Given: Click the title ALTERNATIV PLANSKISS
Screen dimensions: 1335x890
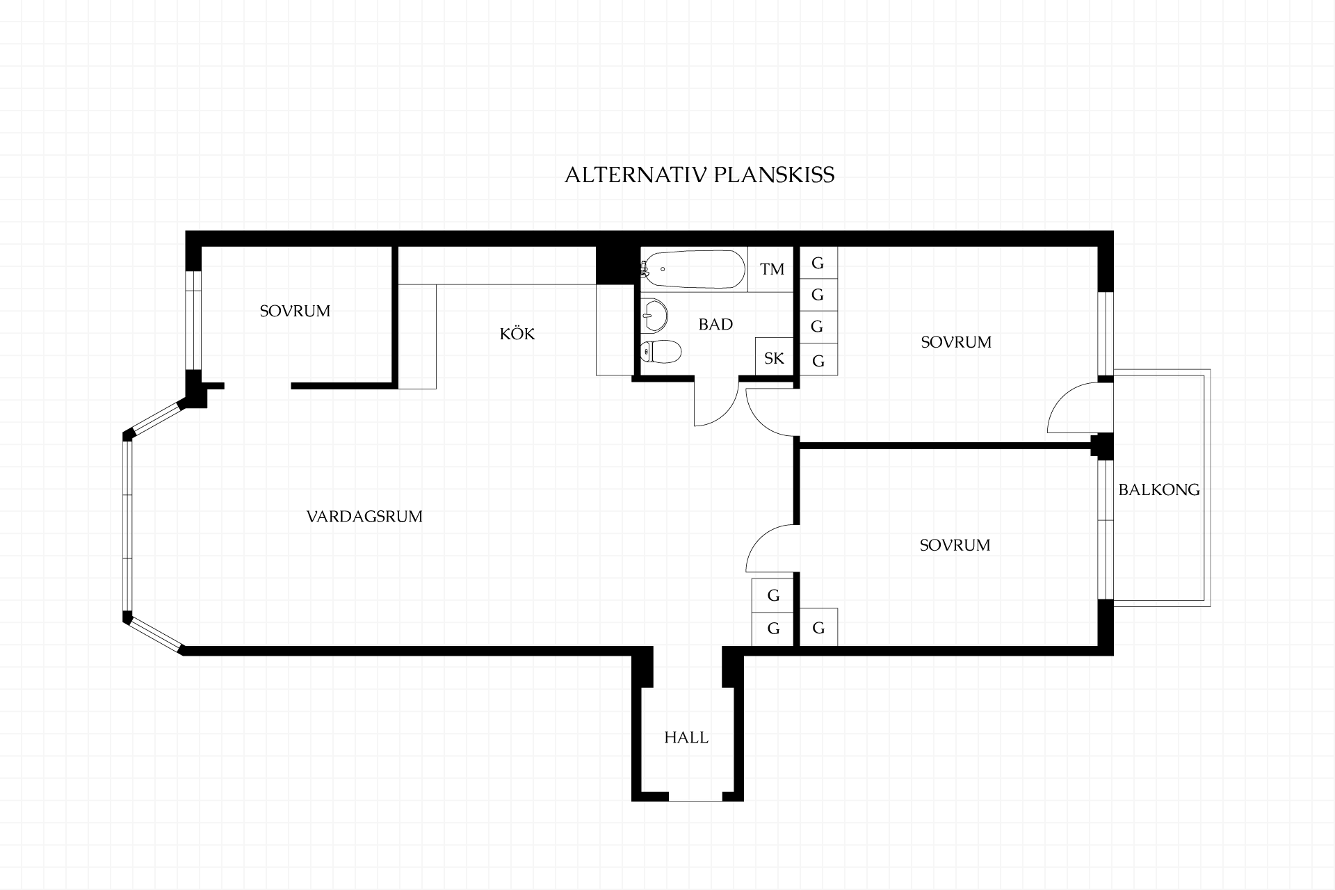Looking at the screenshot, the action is pos(699,175).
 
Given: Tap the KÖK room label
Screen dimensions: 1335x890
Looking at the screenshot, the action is pos(517,334).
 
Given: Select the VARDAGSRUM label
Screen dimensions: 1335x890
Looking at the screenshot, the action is pos(364,517).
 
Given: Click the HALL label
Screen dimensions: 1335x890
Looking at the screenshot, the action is pos(686,738).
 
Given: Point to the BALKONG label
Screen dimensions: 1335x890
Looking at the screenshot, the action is pos(1159,489).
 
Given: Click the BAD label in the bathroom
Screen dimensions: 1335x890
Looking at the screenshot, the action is pos(715,324).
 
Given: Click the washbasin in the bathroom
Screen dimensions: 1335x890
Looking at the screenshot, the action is pos(654,315).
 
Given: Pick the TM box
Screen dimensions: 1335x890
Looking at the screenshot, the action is pos(771,269).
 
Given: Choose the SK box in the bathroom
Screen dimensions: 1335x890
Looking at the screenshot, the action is pos(774,357).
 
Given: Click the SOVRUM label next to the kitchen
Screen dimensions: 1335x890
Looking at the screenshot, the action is pos(295,311).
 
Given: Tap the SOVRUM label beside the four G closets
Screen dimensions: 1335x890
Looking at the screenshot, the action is pos(956,342).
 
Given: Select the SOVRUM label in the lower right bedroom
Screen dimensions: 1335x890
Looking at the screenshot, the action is pos(955,545).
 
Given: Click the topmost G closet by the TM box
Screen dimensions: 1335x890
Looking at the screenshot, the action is pos(818,263).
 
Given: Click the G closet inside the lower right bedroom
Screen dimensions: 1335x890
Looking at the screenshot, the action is pos(818,627).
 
